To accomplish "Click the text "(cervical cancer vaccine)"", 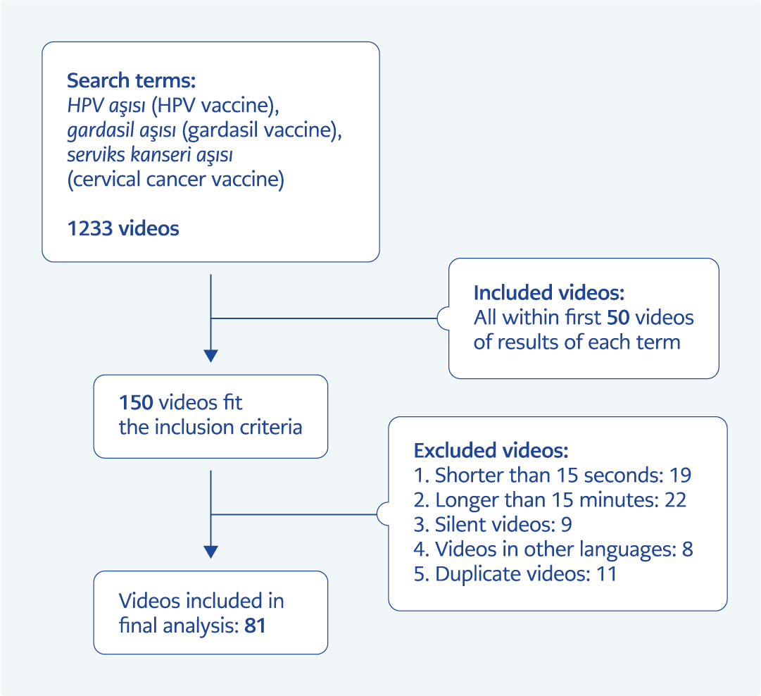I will (176, 180).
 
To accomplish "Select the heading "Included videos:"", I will (549, 293).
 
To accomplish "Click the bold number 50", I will (620, 318).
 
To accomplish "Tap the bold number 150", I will (136, 403).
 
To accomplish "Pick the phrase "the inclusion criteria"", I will (210, 427).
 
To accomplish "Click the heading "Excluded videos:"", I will (491, 450).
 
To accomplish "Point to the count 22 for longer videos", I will (674, 499).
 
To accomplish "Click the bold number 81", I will (255, 625).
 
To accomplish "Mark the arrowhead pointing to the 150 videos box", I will (210, 356).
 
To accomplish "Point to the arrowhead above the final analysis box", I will (210, 552).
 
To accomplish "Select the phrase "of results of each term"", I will (577, 342).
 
